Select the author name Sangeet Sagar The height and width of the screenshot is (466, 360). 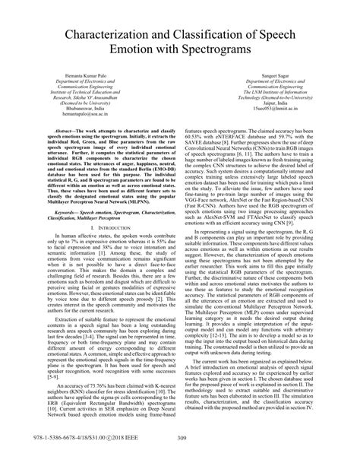[x=267, y=75]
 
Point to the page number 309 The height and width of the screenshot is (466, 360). [x=180, y=456]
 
